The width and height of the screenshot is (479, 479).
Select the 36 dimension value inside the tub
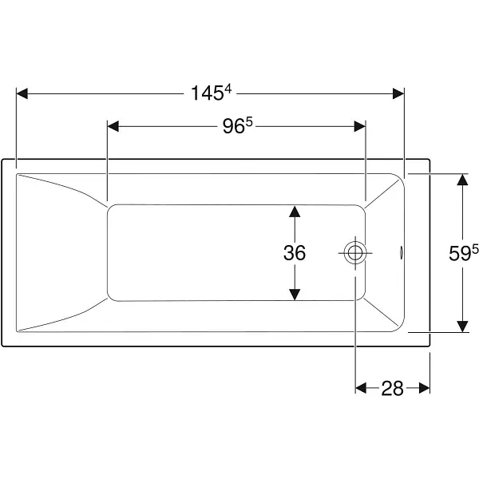tap(294, 252)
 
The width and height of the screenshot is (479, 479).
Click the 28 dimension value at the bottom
tap(392, 388)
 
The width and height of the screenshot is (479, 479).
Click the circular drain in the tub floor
tap(355, 252)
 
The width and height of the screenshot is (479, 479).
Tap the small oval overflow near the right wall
tap(401, 253)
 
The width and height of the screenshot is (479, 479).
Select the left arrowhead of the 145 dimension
tap(22, 93)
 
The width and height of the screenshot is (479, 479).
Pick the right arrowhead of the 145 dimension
tap(398, 93)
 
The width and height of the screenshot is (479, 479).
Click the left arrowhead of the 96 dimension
tap(113, 126)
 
